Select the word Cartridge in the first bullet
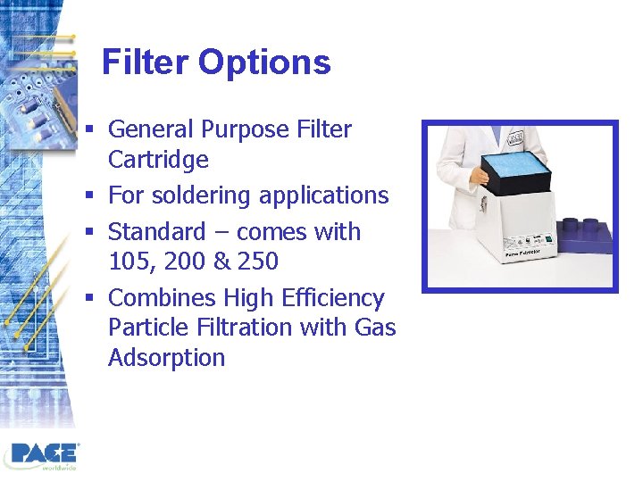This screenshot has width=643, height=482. pos(158,160)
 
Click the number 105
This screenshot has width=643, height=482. pos(128,262)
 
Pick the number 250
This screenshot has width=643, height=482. pos(257,262)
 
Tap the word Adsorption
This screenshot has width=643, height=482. pos(166,358)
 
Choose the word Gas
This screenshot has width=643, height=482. pos(374,328)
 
